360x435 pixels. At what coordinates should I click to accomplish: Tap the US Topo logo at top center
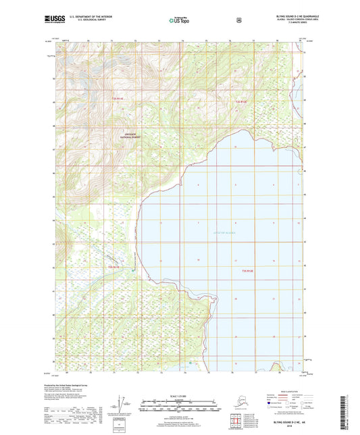point(179,20)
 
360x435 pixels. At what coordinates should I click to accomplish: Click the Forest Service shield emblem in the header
point(238,20)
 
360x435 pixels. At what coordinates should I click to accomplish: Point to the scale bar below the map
point(180,407)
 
